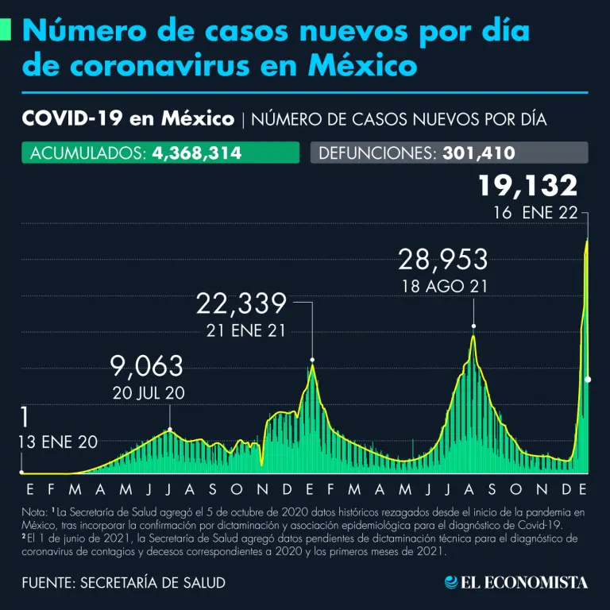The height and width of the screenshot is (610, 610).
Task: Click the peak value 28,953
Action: (x=442, y=260)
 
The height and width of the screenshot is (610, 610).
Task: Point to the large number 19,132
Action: (x=527, y=187)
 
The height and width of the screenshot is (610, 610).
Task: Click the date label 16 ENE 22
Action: (x=535, y=213)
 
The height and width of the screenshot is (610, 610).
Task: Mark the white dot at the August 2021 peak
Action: (x=474, y=326)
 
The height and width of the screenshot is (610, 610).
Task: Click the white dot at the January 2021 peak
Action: (x=313, y=360)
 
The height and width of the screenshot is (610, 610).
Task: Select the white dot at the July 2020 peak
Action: (x=170, y=430)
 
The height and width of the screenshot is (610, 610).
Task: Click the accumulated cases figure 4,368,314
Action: (x=197, y=152)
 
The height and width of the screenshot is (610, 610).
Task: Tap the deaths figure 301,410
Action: (x=476, y=152)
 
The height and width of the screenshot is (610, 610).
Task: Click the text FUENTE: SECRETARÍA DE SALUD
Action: (x=124, y=583)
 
